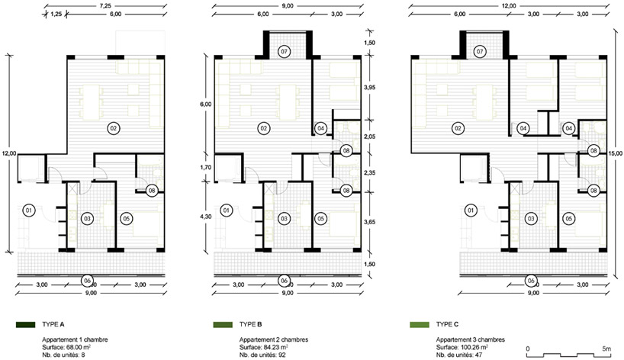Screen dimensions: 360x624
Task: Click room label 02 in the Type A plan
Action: (114, 127)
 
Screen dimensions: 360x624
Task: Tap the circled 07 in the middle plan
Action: (284, 52)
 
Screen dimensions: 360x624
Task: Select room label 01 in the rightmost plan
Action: (471, 211)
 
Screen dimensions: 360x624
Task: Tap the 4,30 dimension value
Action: (204, 216)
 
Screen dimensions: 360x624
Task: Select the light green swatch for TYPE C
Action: (419, 326)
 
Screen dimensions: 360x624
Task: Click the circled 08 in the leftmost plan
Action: (152, 191)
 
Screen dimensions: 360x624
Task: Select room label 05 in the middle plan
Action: (321, 219)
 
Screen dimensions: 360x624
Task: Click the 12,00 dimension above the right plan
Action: (510, 5)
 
